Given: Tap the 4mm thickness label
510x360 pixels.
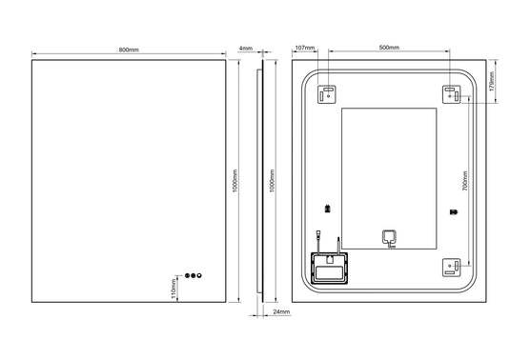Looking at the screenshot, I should pyautogui.click(x=246, y=47).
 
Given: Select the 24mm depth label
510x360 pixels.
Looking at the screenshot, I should pyautogui.click(x=280, y=312).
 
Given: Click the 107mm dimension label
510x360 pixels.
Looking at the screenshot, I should pyautogui.click(x=305, y=47).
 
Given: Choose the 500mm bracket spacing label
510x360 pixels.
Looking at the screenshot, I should pyautogui.click(x=389, y=47).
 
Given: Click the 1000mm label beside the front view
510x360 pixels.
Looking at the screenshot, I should pyautogui.click(x=235, y=180).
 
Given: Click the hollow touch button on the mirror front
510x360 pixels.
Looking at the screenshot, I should pyautogui.click(x=201, y=275).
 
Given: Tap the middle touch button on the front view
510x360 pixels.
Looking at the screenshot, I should pyautogui.click(x=194, y=275).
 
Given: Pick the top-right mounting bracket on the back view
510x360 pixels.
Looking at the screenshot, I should pyautogui.click(x=451, y=93).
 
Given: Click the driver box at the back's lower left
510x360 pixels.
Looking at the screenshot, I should pyautogui.click(x=330, y=268).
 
